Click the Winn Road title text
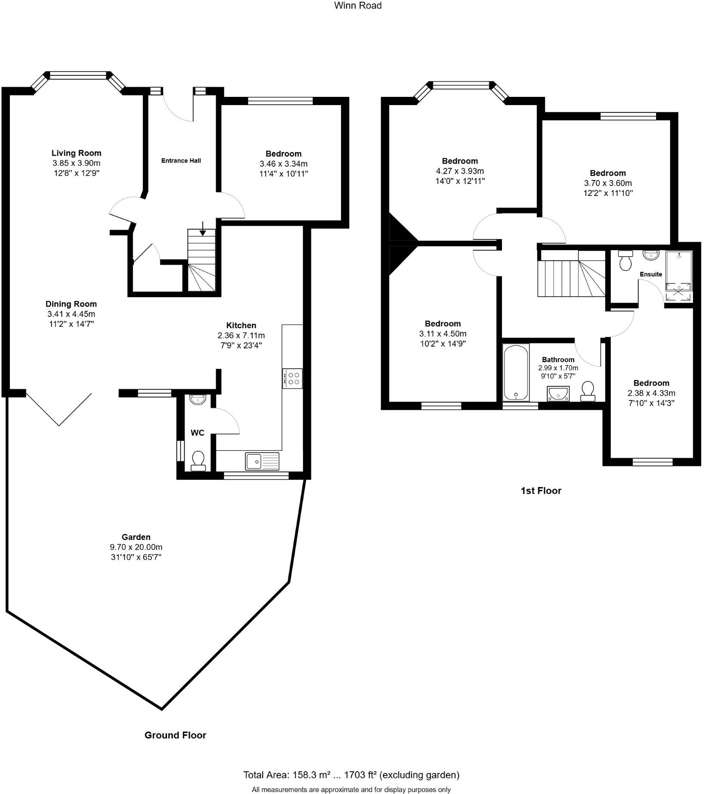coord(358,6)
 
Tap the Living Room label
coord(76,153)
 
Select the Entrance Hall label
coord(181,161)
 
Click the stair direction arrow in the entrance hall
coord(203,229)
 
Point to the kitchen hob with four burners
coord(292,378)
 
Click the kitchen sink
coord(262,461)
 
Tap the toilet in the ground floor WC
coord(198,460)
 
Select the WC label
coord(197,433)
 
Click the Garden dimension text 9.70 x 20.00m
coord(136,547)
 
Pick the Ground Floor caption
coord(175,735)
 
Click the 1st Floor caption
coord(541,490)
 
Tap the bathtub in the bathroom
coord(516,372)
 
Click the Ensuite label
coord(650,274)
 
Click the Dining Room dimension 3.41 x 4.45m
coord(71,314)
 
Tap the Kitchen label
coord(241,325)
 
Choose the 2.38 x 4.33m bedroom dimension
coord(651,393)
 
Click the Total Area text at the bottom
coord(351,775)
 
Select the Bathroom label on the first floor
coord(558,360)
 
